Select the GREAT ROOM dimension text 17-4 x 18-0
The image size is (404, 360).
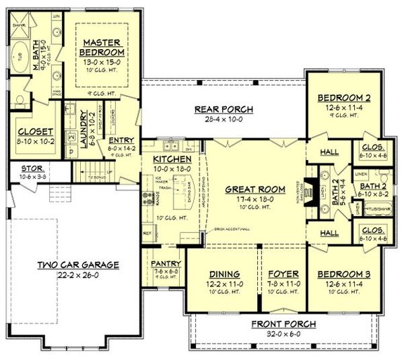coord(254,199)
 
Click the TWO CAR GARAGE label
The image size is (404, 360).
coord(79,265)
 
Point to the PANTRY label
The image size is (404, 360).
coord(167,264)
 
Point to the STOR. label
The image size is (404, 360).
coord(32,168)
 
